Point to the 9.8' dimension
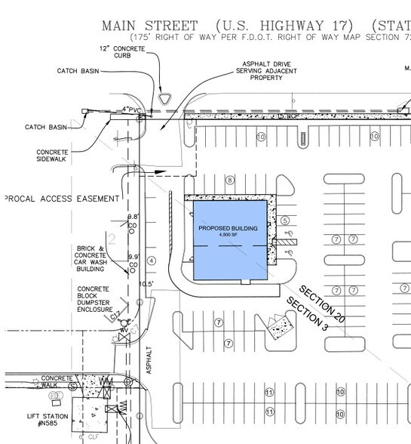pyautogui.click(x=133, y=217)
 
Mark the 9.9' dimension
pyautogui.click(x=133, y=257)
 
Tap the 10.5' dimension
pyautogui.click(x=147, y=284)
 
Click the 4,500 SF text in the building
pyautogui.click(x=229, y=235)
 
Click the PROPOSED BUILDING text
pyautogui.click(x=229, y=227)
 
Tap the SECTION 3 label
pyautogui.click(x=306, y=317)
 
